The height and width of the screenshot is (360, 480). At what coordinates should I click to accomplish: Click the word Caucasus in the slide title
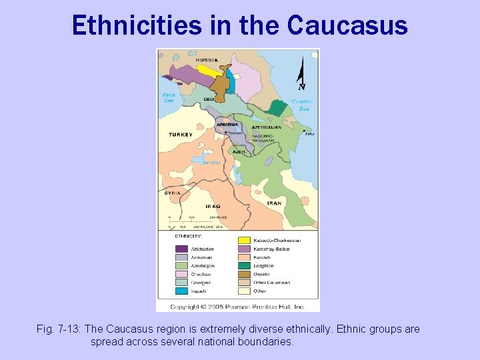347,25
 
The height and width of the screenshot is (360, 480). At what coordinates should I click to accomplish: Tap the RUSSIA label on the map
207,60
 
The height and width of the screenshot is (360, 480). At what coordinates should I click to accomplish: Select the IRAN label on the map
274,203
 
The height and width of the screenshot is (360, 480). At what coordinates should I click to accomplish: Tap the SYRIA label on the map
173,193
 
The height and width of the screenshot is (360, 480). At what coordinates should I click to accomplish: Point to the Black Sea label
169,97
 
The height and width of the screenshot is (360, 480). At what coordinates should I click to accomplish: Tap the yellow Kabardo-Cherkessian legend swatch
245,240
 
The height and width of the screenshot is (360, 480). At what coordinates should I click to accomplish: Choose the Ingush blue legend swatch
181,291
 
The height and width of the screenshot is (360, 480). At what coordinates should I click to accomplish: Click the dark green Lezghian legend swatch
245,265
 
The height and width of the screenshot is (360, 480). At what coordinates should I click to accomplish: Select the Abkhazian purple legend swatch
181,249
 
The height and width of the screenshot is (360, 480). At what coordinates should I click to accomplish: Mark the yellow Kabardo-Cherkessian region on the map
208,70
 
